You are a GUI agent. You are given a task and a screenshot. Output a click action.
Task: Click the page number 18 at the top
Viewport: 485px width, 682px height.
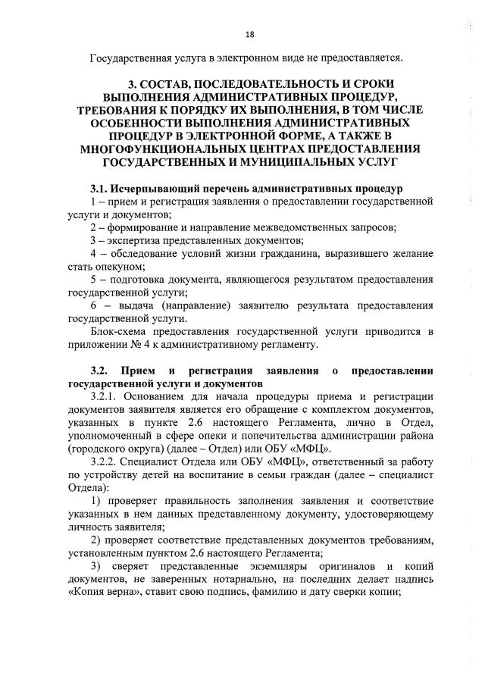point(249,34)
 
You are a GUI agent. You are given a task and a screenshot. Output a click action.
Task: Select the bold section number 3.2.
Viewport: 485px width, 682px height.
point(100,371)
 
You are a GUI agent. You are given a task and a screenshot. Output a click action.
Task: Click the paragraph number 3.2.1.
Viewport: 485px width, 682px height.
point(105,397)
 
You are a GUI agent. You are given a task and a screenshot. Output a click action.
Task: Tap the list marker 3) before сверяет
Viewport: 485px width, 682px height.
point(95,567)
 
